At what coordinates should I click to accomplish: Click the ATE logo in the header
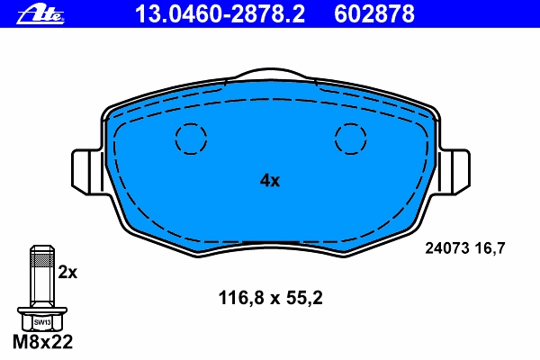40,15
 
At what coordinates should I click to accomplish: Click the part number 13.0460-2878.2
220,14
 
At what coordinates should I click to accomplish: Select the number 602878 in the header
374,14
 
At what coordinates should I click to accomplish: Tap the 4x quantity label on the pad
270,181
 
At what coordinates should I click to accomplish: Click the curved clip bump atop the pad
271,69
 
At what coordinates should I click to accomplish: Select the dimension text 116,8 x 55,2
271,298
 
